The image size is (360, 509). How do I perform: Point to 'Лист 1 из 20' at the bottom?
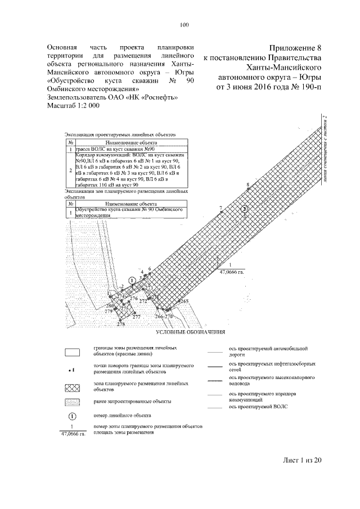click(301, 460)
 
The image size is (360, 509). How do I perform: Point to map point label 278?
click(120, 325)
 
